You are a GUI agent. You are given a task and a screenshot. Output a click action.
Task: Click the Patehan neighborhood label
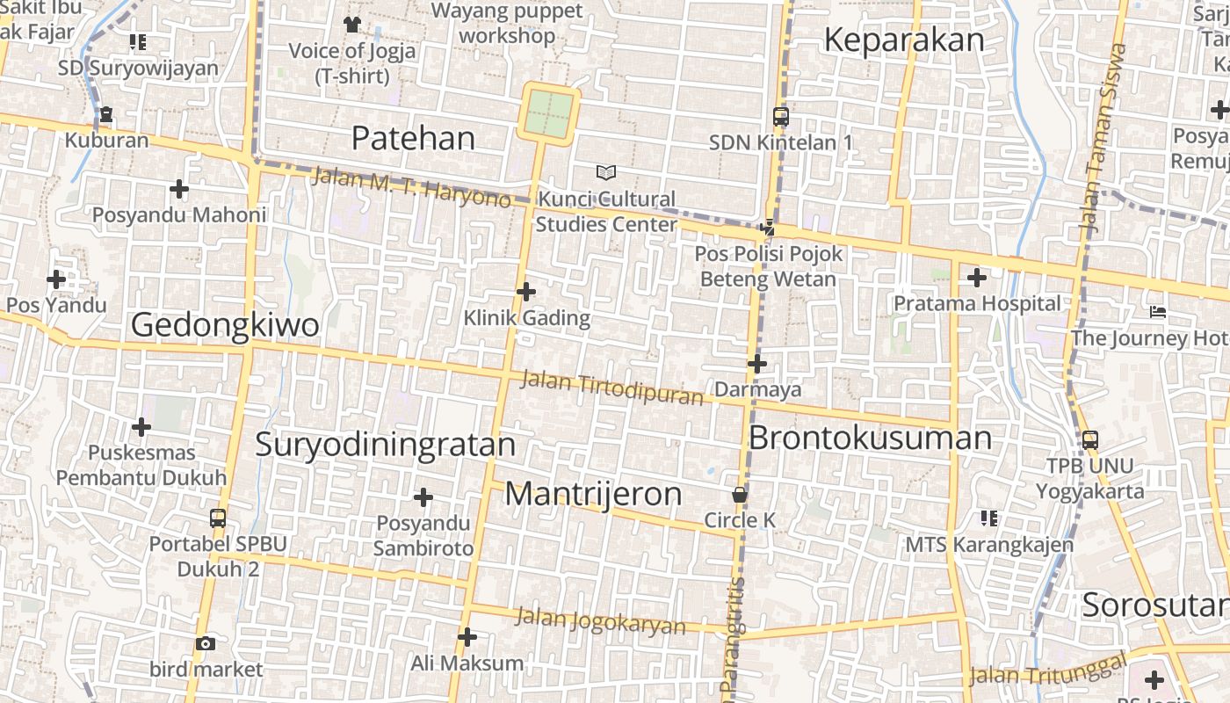click(x=413, y=138)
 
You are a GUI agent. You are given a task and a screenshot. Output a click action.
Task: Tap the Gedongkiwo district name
click(x=225, y=325)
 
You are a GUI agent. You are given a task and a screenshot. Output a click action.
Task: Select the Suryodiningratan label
click(x=385, y=444)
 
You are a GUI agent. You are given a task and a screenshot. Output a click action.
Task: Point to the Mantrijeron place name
click(x=593, y=494)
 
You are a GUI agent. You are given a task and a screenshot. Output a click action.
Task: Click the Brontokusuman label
click(x=870, y=438)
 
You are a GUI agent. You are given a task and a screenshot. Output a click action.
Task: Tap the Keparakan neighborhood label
click(x=904, y=40)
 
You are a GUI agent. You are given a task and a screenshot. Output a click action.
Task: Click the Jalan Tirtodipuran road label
click(x=612, y=388)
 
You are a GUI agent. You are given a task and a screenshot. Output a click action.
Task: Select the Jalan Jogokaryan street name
click(x=600, y=620)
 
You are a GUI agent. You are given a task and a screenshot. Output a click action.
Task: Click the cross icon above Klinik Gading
click(x=526, y=291)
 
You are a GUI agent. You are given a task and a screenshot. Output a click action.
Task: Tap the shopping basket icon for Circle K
click(x=740, y=495)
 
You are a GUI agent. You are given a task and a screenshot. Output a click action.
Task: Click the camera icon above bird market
click(x=206, y=644)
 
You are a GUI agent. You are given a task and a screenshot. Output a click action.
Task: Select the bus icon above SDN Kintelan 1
click(x=780, y=116)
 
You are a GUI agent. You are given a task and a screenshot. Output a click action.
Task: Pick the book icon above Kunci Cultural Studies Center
click(x=606, y=172)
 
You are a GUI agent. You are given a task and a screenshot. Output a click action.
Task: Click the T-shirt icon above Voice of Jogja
click(x=352, y=24)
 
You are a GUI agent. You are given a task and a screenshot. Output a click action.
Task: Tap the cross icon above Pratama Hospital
click(x=976, y=278)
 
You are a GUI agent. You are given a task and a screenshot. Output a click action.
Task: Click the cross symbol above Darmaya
click(x=756, y=363)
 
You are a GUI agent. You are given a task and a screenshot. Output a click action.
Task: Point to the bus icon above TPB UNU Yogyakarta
click(x=1089, y=439)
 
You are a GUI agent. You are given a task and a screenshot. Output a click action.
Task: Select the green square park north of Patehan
click(x=549, y=114)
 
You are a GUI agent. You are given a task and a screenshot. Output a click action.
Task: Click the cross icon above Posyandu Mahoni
click(x=179, y=189)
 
